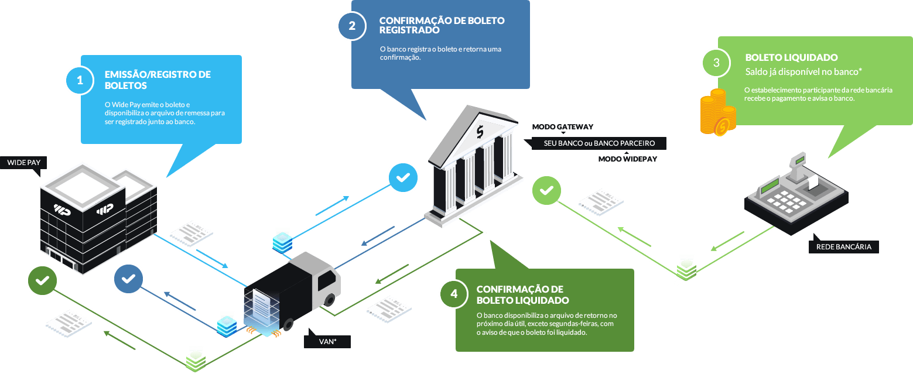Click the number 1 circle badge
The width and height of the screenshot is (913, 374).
[79, 81]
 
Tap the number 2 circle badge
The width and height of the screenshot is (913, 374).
[351, 26]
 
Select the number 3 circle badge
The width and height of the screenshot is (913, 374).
[716, 63]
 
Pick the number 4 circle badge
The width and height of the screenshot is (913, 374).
[454, 294]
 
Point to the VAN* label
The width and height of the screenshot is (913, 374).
[327, 341]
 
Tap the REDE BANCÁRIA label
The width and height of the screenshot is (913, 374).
[843, 246]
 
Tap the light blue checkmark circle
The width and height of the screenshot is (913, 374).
[404, 177]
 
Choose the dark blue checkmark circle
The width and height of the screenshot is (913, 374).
[129, 279]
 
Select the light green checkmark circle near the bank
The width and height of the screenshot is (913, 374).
[546, 190]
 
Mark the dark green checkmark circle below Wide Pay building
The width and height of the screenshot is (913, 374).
[42, 281]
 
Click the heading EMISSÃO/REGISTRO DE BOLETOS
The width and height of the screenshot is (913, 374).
[158, 80]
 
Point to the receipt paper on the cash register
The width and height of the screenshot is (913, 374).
[813, 183]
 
